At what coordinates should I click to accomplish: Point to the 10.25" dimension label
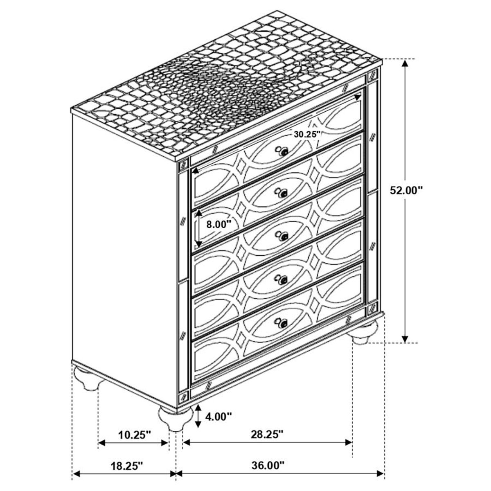(x=133, y=435)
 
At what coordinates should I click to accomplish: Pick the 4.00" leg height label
(x=218, y=417)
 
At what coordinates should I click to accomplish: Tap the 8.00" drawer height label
(x=218, y=224)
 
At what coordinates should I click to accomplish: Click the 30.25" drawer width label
(x=306, y=134)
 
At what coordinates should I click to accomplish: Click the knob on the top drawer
(x=282, y=151)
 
